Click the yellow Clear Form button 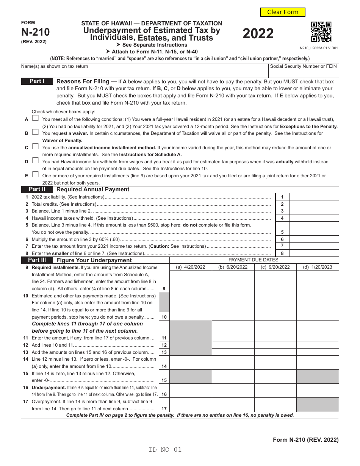(283, 12)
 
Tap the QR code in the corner (321, 32)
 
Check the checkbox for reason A (35, 118)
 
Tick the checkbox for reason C (35, 146)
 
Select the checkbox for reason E (35, 175)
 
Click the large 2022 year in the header (258, 34)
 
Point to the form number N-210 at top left (35, 33)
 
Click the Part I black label (37, 81)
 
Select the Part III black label (37, 260)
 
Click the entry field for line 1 (314, 197)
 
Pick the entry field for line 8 (314, 253)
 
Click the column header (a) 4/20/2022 (191, 267)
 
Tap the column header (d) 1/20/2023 (318, 267)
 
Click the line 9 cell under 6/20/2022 (233, 281)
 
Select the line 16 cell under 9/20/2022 (275, 390)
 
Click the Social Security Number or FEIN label (303, 66)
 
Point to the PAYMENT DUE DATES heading (254, 260)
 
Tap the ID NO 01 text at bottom (165, 450)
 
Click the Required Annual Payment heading (93, 189)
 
